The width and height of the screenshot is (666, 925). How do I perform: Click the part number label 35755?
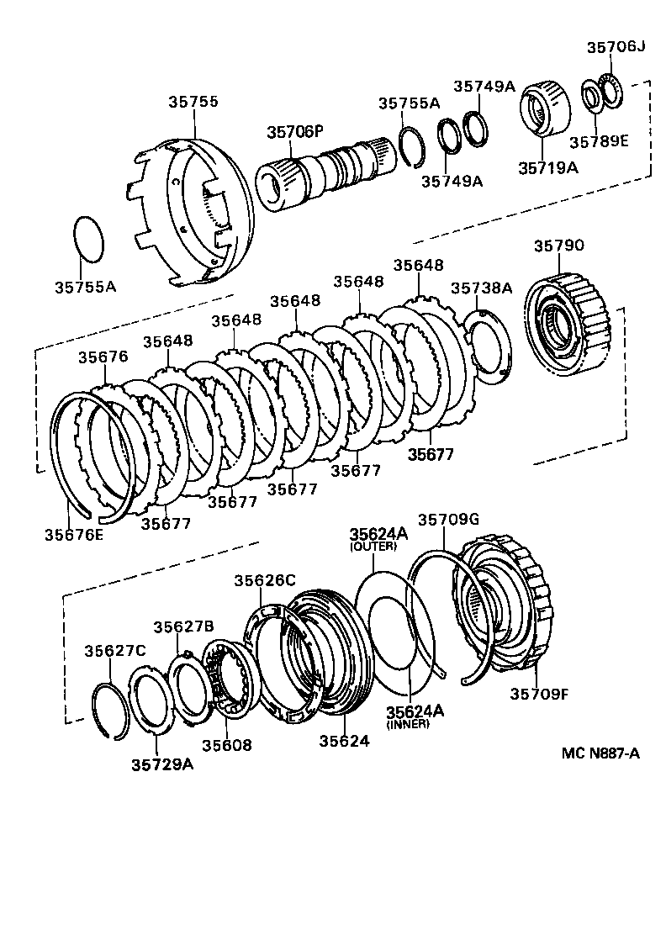[193, 102]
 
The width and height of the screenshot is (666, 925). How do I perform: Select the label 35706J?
[616, 46]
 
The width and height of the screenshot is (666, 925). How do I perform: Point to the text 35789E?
[599, 140]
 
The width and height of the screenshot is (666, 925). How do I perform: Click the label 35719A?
[547, 167]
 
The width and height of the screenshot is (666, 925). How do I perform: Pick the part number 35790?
[559, 246]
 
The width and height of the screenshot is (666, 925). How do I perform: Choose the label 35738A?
[481, 288]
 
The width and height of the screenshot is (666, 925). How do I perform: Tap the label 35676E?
[74, 533]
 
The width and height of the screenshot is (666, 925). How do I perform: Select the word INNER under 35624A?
[408, 723]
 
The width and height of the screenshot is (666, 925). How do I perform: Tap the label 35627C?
[115, 650]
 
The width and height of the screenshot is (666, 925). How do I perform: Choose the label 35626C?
[265, 579]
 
